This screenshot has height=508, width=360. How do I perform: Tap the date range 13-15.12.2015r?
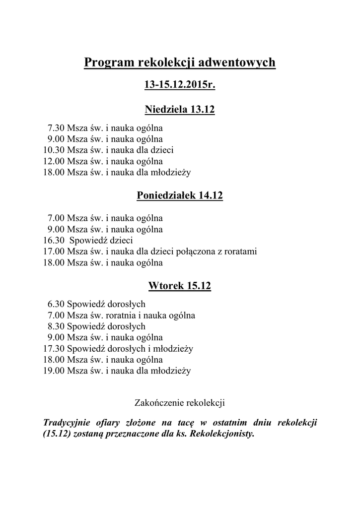(x=180, y=86)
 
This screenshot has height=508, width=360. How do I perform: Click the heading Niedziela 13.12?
(x=180, y=109)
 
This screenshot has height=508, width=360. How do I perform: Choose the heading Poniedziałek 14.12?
(x=180, y=196)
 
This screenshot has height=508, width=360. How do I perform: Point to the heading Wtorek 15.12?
(x=180, y=286)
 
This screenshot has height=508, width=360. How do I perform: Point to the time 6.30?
(x=56, y=304)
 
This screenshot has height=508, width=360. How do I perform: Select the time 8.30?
(x=56, y=326)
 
